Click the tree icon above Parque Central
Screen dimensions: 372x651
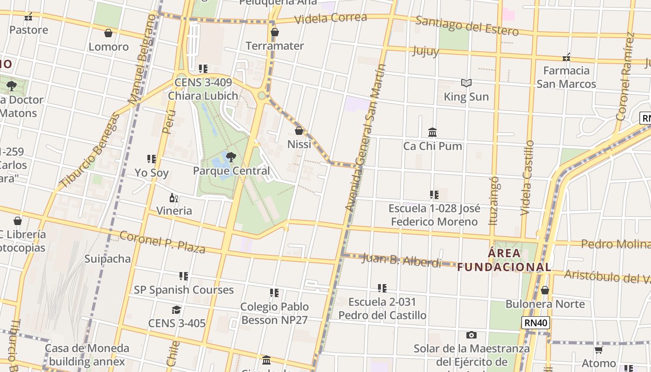(x=231, y=157)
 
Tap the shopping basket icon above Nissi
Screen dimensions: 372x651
(x=299, y=131)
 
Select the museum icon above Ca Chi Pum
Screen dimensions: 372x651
(x=432, y=132)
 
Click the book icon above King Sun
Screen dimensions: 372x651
(x=466, y=83)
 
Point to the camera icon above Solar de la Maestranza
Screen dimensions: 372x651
(x=471, y=335)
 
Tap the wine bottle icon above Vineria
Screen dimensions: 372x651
(x=174, y=198)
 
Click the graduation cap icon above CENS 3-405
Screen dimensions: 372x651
(x=176, y=310)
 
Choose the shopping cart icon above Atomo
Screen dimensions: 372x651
(x=598, y=350)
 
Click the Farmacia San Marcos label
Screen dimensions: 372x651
(x=566, y=77)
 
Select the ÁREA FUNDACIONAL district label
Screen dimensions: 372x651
(x=504, y=260)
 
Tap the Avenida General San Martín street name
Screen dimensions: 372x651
(x=366, y=138)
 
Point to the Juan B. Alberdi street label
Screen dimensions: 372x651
(x=401, y=260)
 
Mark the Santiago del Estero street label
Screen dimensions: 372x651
(x=466, y=26)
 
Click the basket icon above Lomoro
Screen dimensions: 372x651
(x=108, y=33)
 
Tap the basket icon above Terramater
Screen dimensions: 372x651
(x=274, y=32)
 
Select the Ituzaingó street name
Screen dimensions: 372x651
(x=494, y=200)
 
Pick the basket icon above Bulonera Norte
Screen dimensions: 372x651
(x=545, y=290)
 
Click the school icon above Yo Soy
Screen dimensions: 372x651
(x=151, y=159)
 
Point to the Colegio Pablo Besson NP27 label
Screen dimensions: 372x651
(x=274, y=313)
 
